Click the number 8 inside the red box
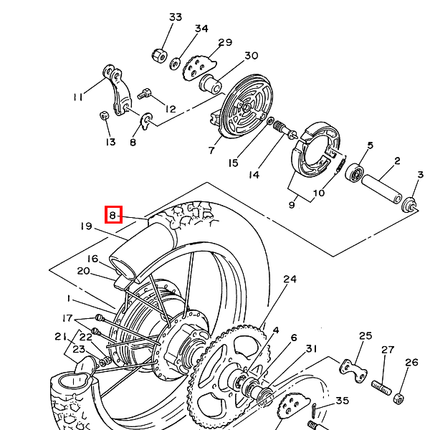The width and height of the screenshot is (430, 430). [113, 215]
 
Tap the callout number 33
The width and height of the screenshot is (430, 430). [176, 17]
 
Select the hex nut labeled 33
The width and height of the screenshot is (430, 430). [159, 55]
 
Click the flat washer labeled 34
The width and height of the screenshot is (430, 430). [175, 64]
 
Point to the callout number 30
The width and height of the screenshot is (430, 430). [251, 56]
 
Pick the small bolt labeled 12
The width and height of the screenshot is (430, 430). [144, 93]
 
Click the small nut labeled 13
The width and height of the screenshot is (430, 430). [104, 115]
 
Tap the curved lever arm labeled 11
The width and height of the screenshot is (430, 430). [118, 89]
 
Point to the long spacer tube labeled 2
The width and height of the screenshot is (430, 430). [382, 189]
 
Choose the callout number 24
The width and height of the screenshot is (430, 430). [290, 279]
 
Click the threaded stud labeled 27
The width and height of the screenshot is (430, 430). [381, 388]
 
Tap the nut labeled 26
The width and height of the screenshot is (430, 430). [398, 398]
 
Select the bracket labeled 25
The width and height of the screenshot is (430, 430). [353, 370]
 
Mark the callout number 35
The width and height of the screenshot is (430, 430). [343, 401]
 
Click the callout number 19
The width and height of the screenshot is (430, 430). [87, 226]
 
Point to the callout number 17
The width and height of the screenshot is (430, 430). [67, 318]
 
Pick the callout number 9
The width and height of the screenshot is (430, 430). [292, 204]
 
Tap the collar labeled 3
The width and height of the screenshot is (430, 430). [409, 205]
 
